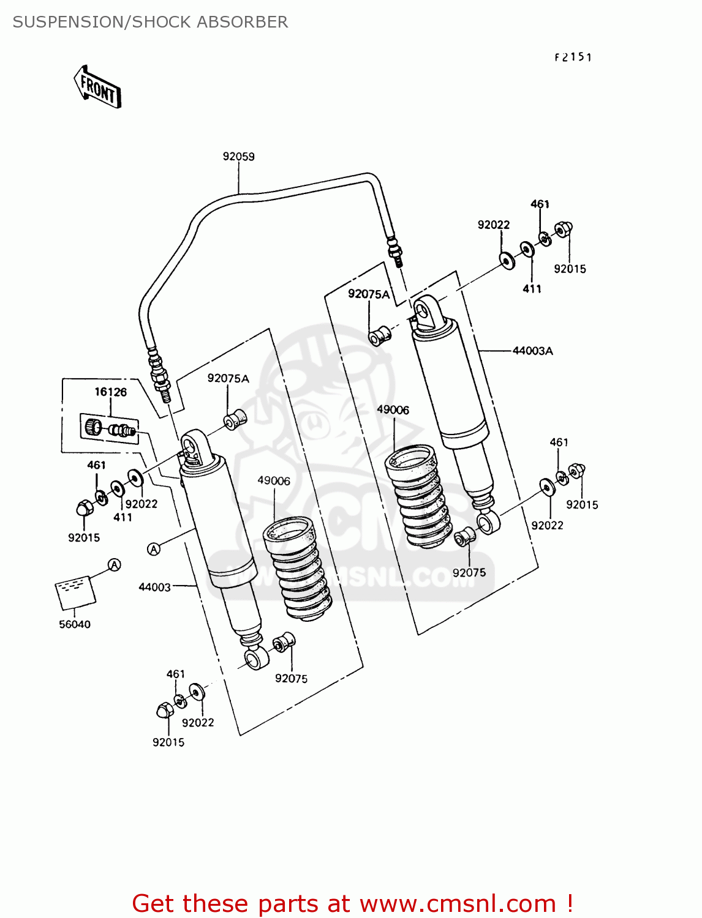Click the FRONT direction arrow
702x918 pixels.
tap(97, 88)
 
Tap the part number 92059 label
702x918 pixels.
tap(238, 157)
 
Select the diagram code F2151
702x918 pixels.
tap(573, 58)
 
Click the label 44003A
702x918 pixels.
tap(532, 351)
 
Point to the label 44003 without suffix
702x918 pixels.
tap(154, 587)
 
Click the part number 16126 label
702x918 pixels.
tap(110, 392)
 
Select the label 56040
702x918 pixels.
tap(75, 624)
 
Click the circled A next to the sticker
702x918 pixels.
tap(115, 565)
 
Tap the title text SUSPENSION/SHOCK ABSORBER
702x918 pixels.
tap(150, 22)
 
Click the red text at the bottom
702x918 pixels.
tap(352, 903)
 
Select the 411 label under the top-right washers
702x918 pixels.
tap(532, 289)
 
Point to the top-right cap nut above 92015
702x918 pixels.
tap(563, 229)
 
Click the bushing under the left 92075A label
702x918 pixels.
tap(235, 420)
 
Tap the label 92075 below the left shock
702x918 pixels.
tap(291, 678)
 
